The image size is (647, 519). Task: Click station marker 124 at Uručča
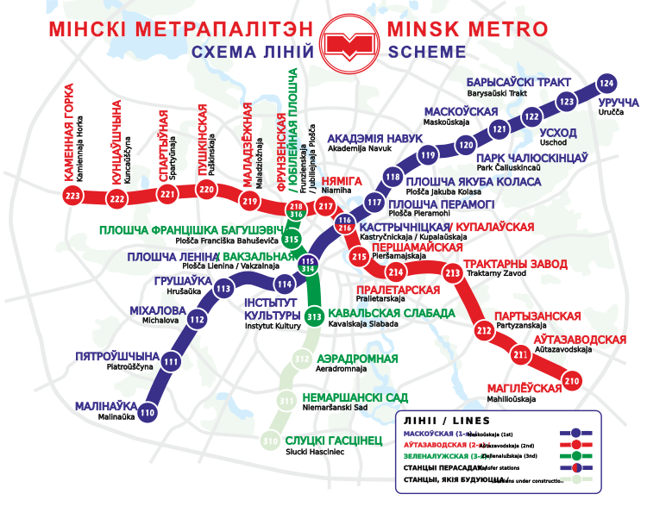click(607, 84)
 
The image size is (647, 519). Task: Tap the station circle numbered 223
click(72, 197)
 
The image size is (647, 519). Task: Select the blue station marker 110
click(148, 412)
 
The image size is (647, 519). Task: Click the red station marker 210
click(570, 379)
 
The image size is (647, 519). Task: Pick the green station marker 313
click(313, 316)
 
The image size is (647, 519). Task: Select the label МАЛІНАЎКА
click(106, 405)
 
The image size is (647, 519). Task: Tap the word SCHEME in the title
click(427, 53)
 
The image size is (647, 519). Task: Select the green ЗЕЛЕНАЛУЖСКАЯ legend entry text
click(436, 454)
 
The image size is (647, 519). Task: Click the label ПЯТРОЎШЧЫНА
click(117, 355)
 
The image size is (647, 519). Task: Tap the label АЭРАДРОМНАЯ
click(357, 359)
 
